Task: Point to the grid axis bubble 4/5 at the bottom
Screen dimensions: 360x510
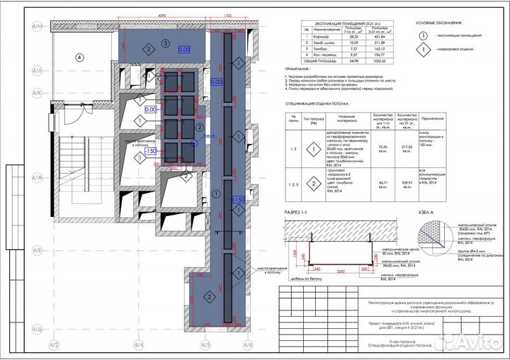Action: pyautogui.click(x=205, y=344)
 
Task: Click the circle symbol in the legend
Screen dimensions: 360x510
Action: pyautogui.click(x=424, y=34)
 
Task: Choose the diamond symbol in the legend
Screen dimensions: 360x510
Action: pyautogui.click(x=424, y=50)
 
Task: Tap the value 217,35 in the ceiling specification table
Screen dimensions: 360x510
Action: pyautogui.click(x=406, y=147)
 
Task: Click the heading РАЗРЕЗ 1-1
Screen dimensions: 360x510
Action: pyautogui.click(x=298, y=212)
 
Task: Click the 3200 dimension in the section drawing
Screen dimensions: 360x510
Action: pyautogui.click(x=339, y=271)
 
